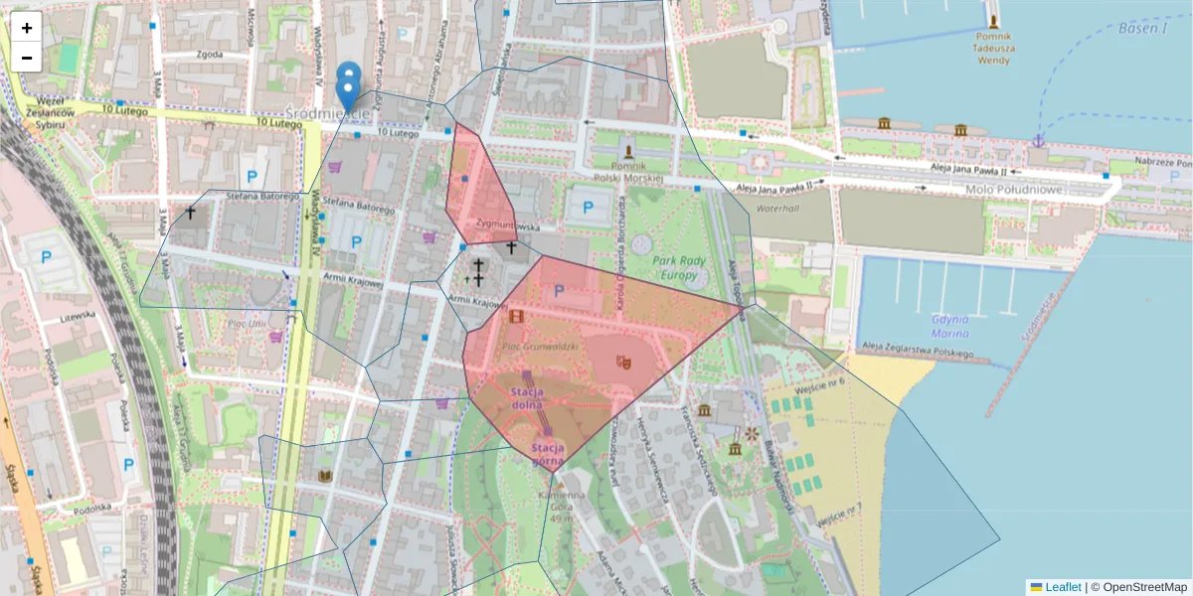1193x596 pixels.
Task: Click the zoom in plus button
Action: coord(27,28)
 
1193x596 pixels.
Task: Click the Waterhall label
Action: coord(777,210)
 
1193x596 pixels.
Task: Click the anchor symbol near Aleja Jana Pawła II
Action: coord(1037,141)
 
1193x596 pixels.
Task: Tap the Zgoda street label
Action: coord(210,55)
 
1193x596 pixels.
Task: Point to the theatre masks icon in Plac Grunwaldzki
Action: coord(624,362)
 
